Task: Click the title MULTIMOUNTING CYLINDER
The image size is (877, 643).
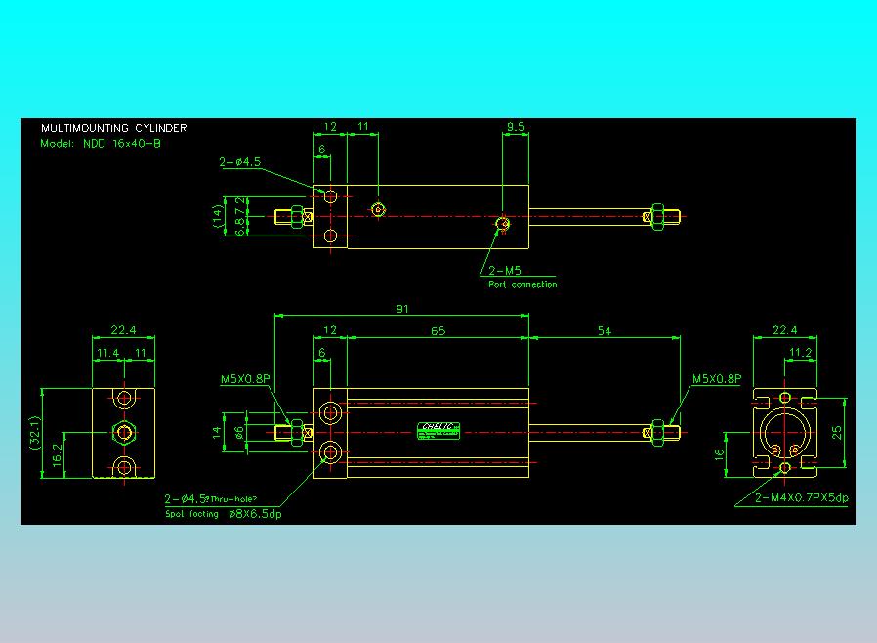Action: (x=113, y=128)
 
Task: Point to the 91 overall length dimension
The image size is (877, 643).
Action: (x=402, y=309)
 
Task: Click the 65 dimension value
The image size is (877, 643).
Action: (x=438, y=331)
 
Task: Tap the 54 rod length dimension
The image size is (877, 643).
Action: (x=604, y=331)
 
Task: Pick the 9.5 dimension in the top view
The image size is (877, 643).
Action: (x=516, y=127)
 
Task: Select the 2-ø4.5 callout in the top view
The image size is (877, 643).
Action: (x=239, y=162)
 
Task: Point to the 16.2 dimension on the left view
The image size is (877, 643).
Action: (x=57, y=453)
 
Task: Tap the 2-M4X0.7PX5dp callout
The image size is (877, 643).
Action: (x=802, y=497)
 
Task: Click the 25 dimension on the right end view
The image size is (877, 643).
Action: (x=836, y=432)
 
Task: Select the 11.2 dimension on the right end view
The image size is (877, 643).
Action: (x=800, y=353)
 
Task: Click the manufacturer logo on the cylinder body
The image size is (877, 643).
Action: (x=438, y=427)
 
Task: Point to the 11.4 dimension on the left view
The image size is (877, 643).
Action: (x=107, y=353)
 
